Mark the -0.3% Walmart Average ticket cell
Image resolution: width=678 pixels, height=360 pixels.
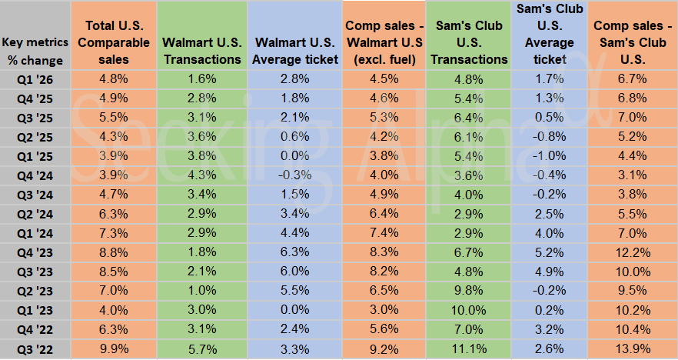296,175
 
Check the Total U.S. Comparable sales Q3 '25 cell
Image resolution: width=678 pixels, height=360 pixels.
114,117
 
